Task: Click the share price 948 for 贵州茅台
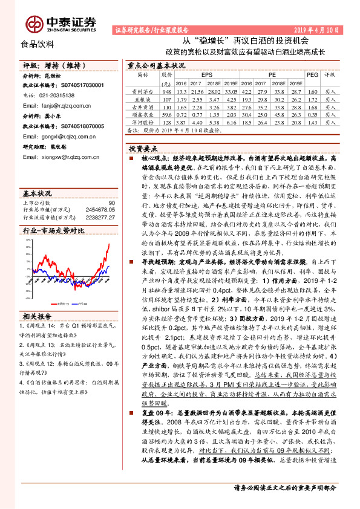(x=167, y=90)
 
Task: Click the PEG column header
(x=312, y=74)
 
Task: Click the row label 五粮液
(x=142, y=98)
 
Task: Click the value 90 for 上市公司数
(x=111, y=203)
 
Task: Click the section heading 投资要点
(x=143, y=148)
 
